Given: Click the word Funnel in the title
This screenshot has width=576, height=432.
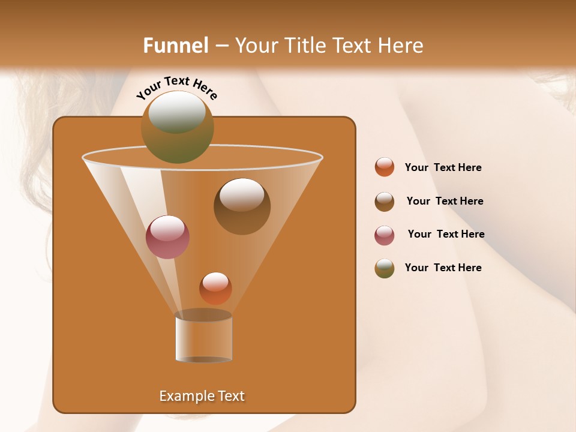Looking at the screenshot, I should click(x=175, y=46).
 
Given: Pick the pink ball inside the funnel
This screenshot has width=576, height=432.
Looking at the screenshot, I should click(x=167, y=237).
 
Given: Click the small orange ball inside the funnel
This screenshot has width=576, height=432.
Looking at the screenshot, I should click(x=215, y=289).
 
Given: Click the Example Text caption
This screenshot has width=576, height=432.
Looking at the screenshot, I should click(x=202, y=396).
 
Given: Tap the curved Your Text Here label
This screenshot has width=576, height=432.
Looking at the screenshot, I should click(x=177, y=87).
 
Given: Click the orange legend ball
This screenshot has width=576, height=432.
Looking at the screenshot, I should click(x=385, y=167).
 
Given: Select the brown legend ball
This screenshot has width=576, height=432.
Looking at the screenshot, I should click(x=385, y=202).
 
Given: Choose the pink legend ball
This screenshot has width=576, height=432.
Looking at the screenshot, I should click(x=385, y=235).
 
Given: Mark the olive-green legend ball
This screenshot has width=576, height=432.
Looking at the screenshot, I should click(x=385, y=268).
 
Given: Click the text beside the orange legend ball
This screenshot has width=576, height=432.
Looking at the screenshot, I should click(x=443, y=168).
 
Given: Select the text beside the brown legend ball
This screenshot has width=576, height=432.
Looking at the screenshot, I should click(x=445, y=202).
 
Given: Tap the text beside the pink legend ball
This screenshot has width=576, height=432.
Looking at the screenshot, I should click(x=446, y=235).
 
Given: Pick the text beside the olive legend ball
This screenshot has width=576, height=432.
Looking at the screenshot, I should click(x=443, y=268).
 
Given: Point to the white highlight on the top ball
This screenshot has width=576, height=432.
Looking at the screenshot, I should click(x=177, y=112).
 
